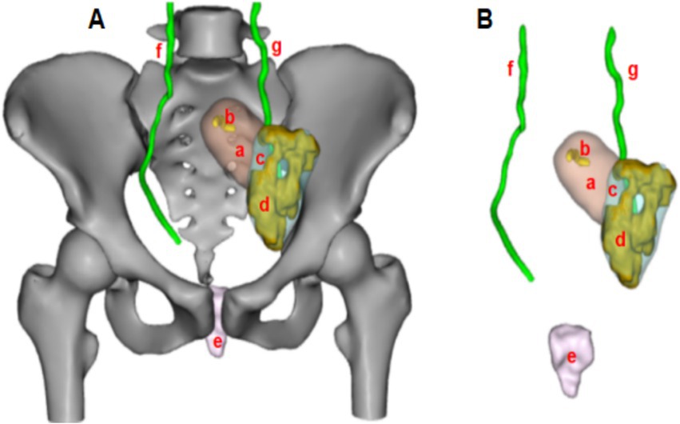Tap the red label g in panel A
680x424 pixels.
[276, 49]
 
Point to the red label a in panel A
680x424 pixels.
[238, 149]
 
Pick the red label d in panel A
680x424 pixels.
[262, 206]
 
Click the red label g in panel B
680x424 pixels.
[633, 71]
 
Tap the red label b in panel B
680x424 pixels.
[583, 149]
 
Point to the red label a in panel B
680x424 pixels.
[591, 183]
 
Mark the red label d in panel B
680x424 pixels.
[620, 238]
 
